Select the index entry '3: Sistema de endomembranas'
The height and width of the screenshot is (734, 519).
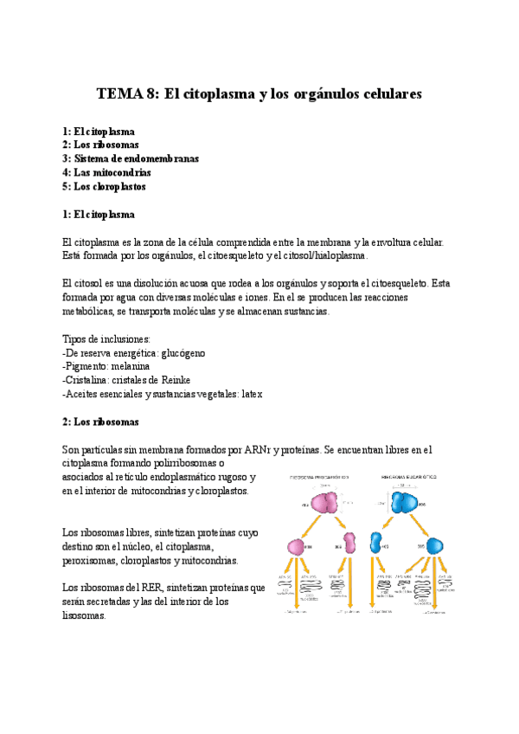pos(131,158)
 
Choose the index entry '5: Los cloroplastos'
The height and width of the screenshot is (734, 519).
pos(104,186)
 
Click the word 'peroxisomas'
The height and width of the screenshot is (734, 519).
pos(92,560)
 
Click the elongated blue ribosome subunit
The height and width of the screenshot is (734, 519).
pos(376,544)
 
